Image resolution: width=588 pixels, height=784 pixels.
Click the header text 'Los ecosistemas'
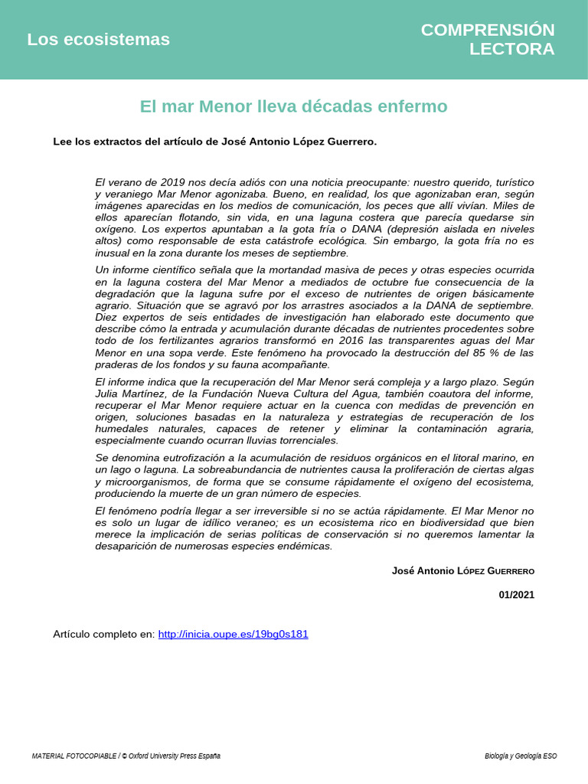[98, 40]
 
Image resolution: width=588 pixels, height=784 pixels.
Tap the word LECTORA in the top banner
[511, 50]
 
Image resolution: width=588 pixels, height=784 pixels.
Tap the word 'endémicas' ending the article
[308, 546]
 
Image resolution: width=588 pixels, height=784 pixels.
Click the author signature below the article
[462, 571]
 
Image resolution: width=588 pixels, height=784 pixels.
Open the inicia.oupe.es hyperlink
[233, 635]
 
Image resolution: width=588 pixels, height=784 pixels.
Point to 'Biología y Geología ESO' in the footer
[521, 756]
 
